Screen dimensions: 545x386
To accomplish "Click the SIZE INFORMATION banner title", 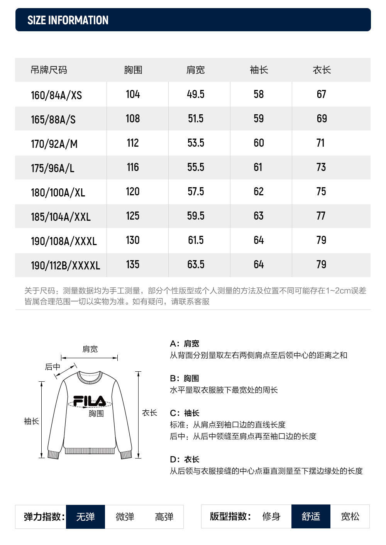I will coord(68,20).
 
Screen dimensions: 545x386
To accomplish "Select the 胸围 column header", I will coord(133,70).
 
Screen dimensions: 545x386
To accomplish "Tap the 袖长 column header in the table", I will coord(259,70).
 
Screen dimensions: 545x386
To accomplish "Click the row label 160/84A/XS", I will coord(56,95).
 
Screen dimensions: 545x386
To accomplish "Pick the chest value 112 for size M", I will coord(133,143).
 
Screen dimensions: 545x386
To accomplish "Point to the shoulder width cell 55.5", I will coord(196,167).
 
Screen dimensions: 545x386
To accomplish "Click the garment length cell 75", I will coord(321,191).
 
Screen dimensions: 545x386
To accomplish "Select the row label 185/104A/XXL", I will coord(61,217).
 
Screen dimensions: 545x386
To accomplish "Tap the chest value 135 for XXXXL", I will coord(133,264).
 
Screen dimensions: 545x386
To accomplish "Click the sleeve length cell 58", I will coord(259,94).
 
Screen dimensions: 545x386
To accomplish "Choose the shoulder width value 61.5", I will coord(196,240).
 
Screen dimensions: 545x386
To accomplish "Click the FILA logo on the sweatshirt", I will coord(90,401).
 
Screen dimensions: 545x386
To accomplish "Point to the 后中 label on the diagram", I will coord(52,367).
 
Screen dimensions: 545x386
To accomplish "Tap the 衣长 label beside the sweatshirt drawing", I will coord(149,413).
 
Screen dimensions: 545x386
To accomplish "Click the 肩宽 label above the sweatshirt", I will coord(90,349).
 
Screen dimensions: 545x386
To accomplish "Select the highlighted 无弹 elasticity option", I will coord(85,516).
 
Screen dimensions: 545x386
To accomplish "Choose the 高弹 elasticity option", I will coord(164,516).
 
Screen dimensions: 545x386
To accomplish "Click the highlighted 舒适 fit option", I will coord(311,516).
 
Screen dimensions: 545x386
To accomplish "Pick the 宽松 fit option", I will coord(350,516).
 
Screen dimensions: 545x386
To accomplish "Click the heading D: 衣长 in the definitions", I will coord(185,459).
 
